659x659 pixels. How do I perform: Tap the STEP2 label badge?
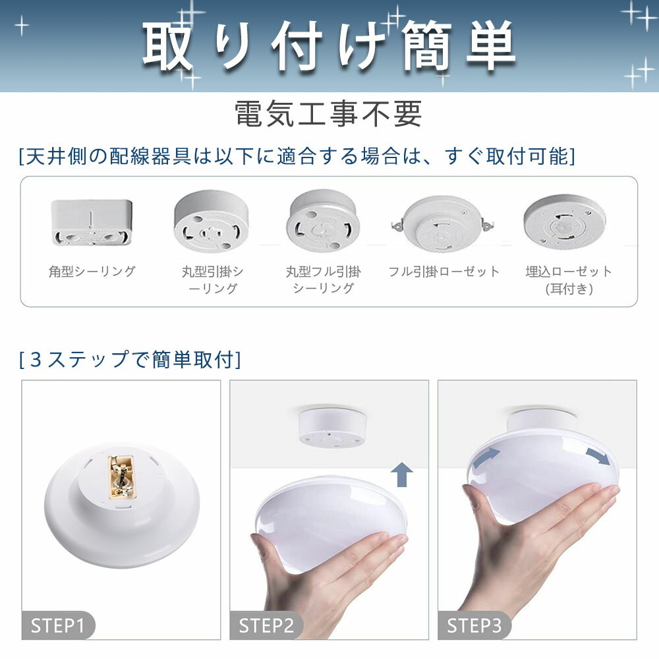pyautogui.click(x=266, y=625)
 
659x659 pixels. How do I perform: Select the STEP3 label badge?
pyautogui.click(x=474, y=625)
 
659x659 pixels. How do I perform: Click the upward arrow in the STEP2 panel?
pyautogui.click(x=402, y=474)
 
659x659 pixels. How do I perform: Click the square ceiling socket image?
pyautogui.click(x=91, y=223)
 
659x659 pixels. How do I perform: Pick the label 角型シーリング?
pyautogui.click(x=92, y=272)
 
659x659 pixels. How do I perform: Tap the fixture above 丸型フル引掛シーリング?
pyautogui.click(x=323, y=220)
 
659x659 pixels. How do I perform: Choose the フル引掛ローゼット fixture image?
pyautogui.click(x=442, y=223)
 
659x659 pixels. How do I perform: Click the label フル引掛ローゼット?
pyautogui.click(x=444, y=272)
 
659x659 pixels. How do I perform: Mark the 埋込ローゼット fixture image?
pyautogui.click(x=565, y=221)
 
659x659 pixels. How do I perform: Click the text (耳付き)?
pyautogui.click(x=569, y=289)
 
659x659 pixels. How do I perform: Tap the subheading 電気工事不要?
pyautogui.click(x=329, y=113)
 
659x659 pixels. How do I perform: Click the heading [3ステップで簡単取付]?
pyautogui.click(x=130, y=359)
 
